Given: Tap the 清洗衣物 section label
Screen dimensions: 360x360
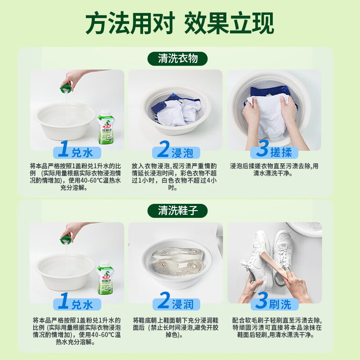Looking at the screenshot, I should (x=178, y=58).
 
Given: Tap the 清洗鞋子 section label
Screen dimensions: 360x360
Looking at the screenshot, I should (x=178, y=210).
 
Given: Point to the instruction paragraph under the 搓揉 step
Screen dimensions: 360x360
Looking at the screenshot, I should (x=274, y=169).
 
